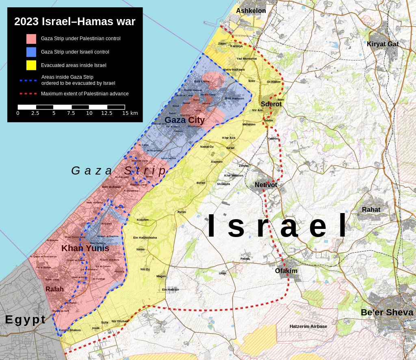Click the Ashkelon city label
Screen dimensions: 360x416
pyautogui.click(x=251, y=11)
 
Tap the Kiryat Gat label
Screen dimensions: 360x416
pyautogui.click(x=383, y=44)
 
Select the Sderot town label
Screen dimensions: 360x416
pyautogui.click(x=271, y=104)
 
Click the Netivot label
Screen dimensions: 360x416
pyautogui.click(x=266, y=185)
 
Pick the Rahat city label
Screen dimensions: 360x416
pyautogui.click(x=371, y=209)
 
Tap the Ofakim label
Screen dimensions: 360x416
pyautogui.click(x=286, y=271)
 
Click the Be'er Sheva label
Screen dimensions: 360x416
pyautogui.click(x=387, y=313)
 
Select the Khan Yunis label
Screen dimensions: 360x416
pyautogui.click(x=85, y=248)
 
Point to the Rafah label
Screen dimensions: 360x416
pyautogui.click(x=54, y=289)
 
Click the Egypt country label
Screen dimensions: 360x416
pyautogui.click(x=25, y=319)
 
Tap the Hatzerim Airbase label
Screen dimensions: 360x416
pyautogui.click(x=308, y=326)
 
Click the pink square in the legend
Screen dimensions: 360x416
pyautogui.click(x=31, y=39)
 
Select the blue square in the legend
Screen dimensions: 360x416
pyautogui.click(x=31, y=52)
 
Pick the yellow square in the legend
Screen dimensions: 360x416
pyautogui.click(x=31, y=65)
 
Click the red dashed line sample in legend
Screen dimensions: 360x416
pyautogui.click(x=28, y=94)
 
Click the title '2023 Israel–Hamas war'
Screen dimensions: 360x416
pyautogui.click(x=75, y=22)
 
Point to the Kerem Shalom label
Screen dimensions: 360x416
pyautogui.click(x=70, y=330)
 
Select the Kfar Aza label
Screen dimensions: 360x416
pyautogui.click(x=229, y=138)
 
